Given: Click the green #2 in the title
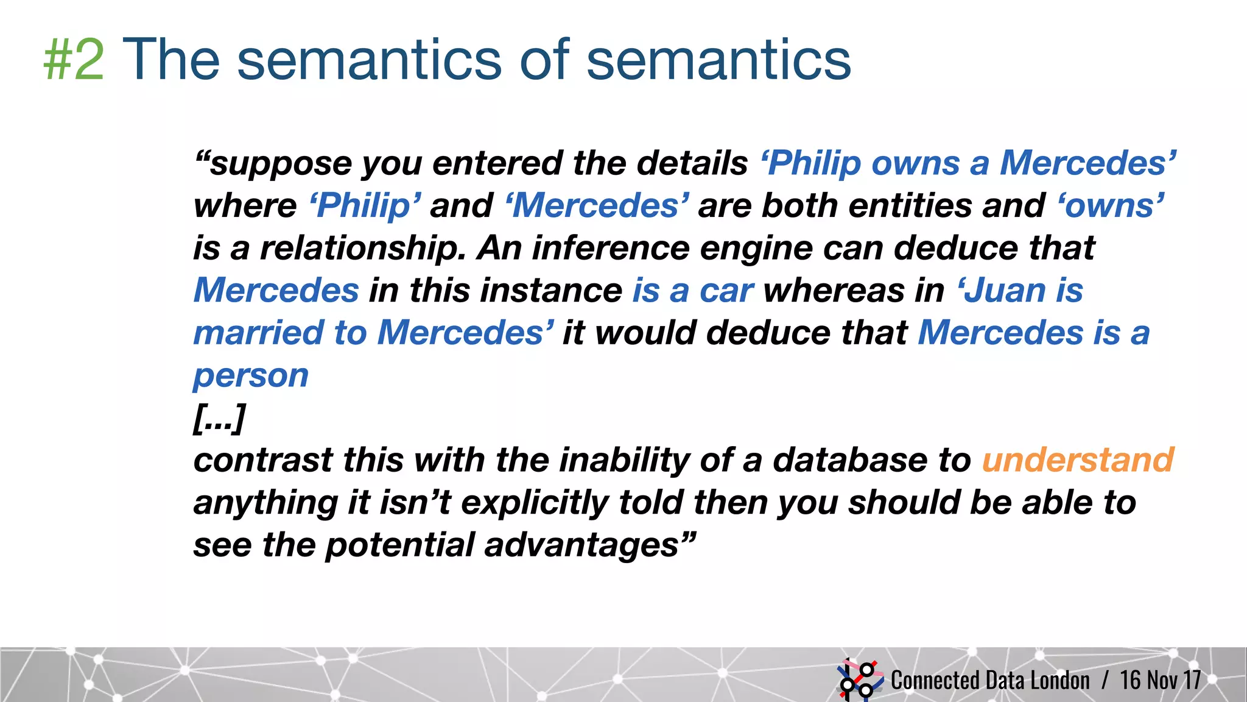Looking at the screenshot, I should pos(74,60).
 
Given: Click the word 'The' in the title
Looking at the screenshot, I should pos(171,59).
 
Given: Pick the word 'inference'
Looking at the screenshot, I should pos(611,248).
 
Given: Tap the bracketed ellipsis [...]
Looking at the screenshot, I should pos(219,418).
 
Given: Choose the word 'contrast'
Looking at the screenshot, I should pos(263,460).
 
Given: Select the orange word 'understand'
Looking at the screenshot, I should pos(1077,460).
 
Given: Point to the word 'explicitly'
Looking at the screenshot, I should pos(535,503).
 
